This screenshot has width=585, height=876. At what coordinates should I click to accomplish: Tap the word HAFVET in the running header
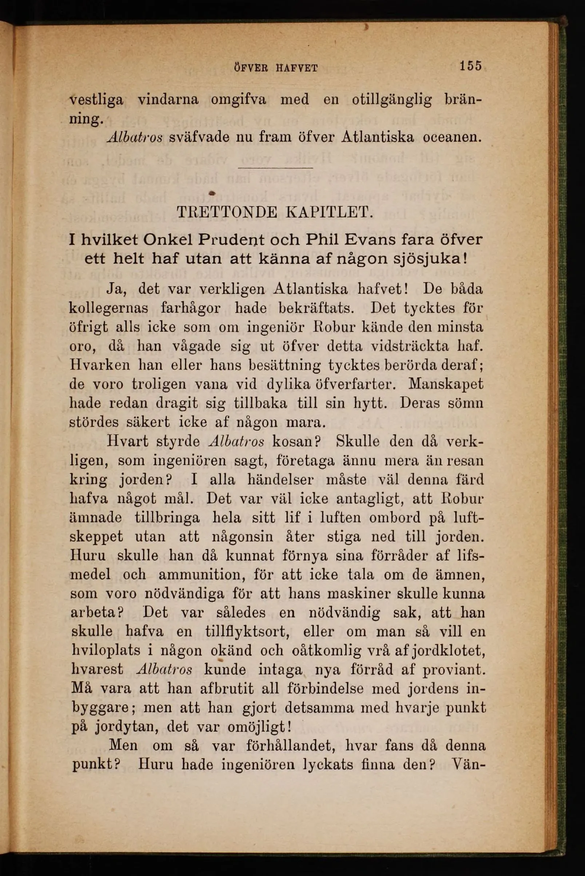(x=297, y=68)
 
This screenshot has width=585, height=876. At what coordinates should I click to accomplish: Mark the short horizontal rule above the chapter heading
(x=275, y=167)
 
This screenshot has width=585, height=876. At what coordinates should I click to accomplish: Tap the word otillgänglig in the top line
(x=392, y=100)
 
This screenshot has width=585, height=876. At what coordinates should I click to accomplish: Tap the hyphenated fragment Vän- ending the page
(x=468, y=765)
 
